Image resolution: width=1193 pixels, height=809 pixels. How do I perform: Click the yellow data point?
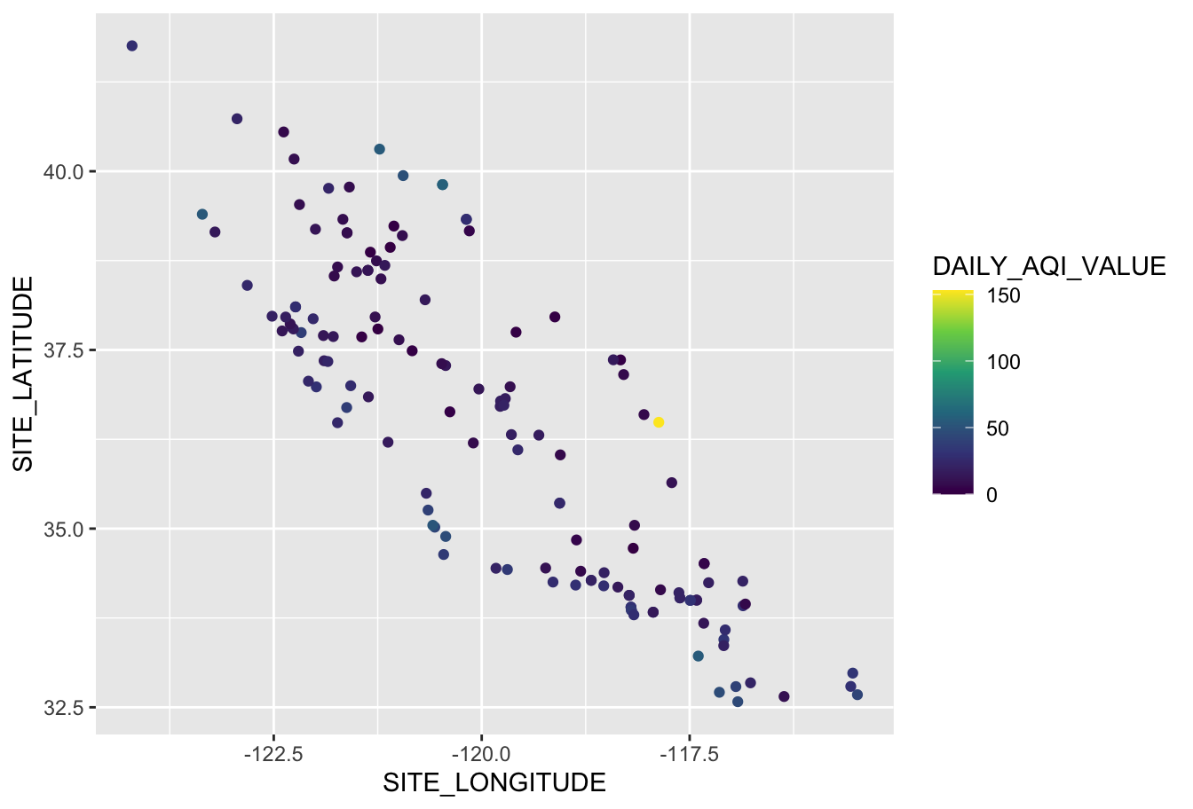pos(659,422)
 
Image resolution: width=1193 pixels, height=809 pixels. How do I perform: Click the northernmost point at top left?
pos(132,46)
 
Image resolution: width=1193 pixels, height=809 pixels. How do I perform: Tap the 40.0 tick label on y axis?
pos(63,171)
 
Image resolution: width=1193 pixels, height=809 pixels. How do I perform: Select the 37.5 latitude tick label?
pos(63,350)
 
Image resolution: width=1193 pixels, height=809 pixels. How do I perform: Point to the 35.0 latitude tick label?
pos(63,530)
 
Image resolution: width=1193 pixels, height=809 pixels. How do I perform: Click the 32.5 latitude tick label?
pos(63,708)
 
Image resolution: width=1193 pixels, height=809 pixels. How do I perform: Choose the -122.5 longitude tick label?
pos(273,755)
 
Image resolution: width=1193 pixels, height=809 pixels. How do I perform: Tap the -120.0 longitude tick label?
pos(481,755)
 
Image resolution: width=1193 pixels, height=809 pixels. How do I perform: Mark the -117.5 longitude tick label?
pos(689,755)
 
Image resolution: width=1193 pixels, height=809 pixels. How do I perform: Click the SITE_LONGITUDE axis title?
pos(494,783)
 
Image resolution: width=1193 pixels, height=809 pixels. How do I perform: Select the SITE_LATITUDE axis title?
pos(22,373)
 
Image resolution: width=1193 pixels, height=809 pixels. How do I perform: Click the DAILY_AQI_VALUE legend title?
pos(1048,266)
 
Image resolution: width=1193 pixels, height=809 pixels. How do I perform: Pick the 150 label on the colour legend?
pos(1003,296)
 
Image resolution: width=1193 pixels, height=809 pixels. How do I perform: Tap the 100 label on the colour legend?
pos(1003,362)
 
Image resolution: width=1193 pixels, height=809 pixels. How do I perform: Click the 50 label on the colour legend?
pos(998,428)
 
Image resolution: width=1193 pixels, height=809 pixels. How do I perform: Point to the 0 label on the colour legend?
pos(992,495)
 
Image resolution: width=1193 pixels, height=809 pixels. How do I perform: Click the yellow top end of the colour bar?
pos(952,295)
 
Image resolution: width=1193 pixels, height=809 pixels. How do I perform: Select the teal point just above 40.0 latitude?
pos(379,149)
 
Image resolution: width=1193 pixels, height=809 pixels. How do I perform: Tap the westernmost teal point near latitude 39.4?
pos(202,215)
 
